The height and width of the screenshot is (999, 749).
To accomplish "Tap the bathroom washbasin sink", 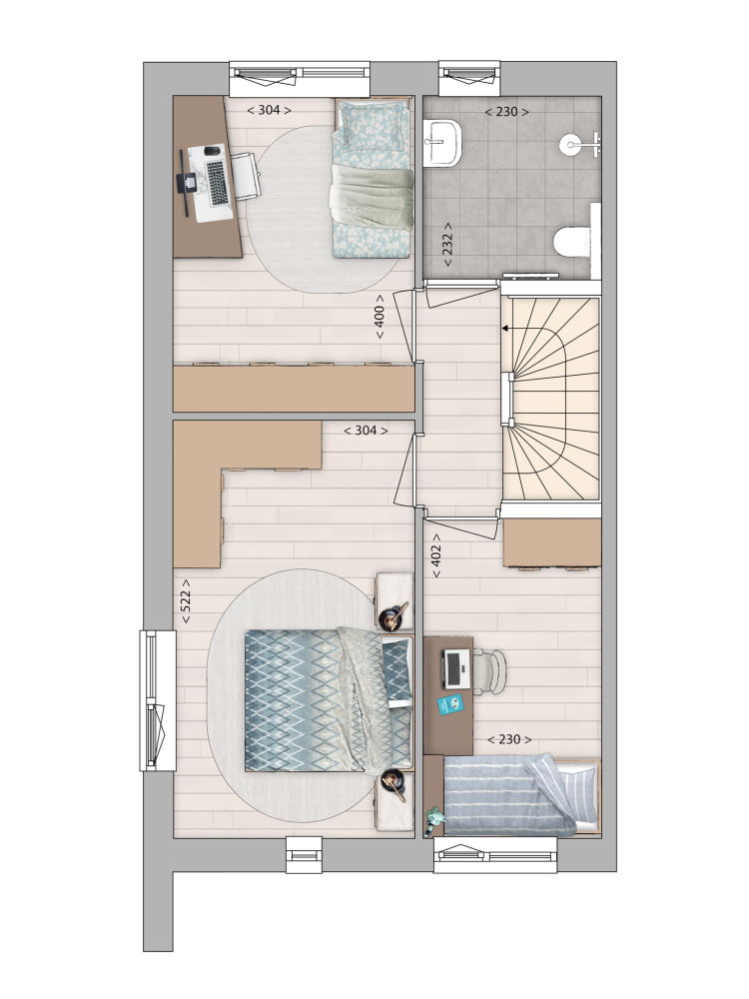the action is point(443,143).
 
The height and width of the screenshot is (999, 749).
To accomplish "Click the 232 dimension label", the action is point(447,244).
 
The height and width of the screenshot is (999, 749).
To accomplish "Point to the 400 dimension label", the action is point(379,317).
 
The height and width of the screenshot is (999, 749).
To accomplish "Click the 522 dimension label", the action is point(186,601).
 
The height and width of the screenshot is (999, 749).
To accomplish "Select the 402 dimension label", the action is point(436,555).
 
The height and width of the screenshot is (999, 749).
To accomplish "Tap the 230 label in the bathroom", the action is point(506,112).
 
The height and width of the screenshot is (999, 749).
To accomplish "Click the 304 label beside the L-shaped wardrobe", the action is point(366,430).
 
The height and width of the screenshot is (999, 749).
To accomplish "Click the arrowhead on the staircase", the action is point(505,329).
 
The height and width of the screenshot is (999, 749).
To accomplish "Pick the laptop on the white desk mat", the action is point(217,182).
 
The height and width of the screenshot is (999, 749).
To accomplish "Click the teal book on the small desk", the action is point(451,704).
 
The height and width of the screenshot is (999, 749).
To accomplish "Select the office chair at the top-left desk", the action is point(246,175).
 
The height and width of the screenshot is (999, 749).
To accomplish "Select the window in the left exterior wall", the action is point(158,701).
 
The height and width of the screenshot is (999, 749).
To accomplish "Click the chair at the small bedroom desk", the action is point(489,669).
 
